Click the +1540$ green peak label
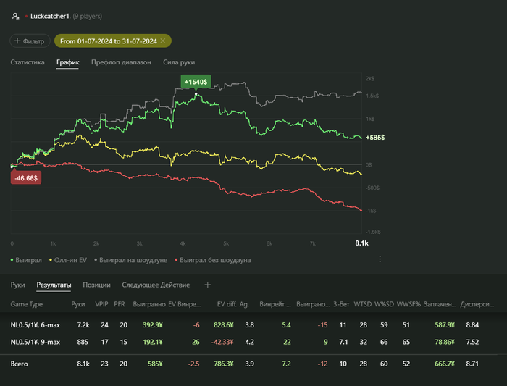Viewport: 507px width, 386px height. pyautogui.click(x=196, y=83)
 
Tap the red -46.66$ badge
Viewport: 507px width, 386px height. pyautogui.click(x=26, y=177)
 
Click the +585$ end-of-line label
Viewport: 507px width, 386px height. pyautogui.click(x=375, y=137)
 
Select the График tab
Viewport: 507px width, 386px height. pyautogui.click(x=68, y=62)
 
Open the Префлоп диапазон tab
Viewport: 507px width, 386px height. pyautogui.click(x=121, y=62)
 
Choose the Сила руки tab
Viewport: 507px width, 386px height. pyautogui.click(x=179, y=62)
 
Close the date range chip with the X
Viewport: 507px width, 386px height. pyautogui.click(x=164, y=41)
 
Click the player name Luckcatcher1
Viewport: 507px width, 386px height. pyautogui.click(x=54, y=15)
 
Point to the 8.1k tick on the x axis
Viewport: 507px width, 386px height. pyautogui.click(x=361, y=243)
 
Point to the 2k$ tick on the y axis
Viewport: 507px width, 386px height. pyautogui.click(x=369, y=78)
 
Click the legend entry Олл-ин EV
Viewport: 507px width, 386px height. pyautogui.click(x=70, y=259)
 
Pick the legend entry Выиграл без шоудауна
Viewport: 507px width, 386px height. pyautogui.click(x=215, y=259)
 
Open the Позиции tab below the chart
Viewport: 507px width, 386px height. pyautogui.click(x=96, y=285)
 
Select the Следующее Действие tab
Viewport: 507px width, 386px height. pyautogui.click(x=156, y=285)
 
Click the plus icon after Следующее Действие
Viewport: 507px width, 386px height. pyautogui.click(x=208, y=285)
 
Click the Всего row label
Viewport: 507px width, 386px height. pyautogui.click(x=20, y=364)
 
